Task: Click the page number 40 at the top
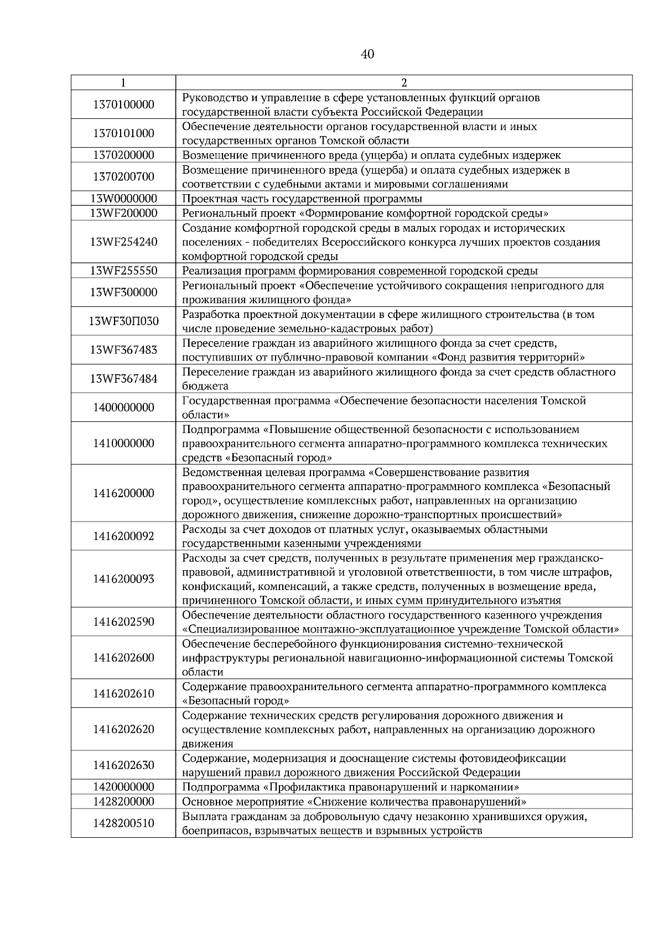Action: tap(367, 54)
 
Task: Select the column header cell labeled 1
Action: tap(123, 83)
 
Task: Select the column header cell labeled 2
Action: tap(403, 83)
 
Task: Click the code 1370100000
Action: tap(123, 105)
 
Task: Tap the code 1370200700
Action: tap(123, 176)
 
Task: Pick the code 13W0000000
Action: tap(123, 199)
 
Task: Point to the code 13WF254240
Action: tap(123, 242)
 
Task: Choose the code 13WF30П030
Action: tap(123, 321)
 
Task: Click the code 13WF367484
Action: tap(123, 379)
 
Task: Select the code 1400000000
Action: tap(123, 408)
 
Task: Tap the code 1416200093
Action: tap(123, 579)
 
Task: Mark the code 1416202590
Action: tap(123, 622)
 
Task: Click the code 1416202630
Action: tap(123, 765)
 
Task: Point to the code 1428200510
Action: tap(123, 823)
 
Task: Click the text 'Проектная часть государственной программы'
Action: tap(302, 199)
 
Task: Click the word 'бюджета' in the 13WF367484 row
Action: tap(205, 386)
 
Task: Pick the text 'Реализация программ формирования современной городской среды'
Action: tap(360, 271)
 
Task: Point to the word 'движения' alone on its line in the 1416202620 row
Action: tap(207, 744)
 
